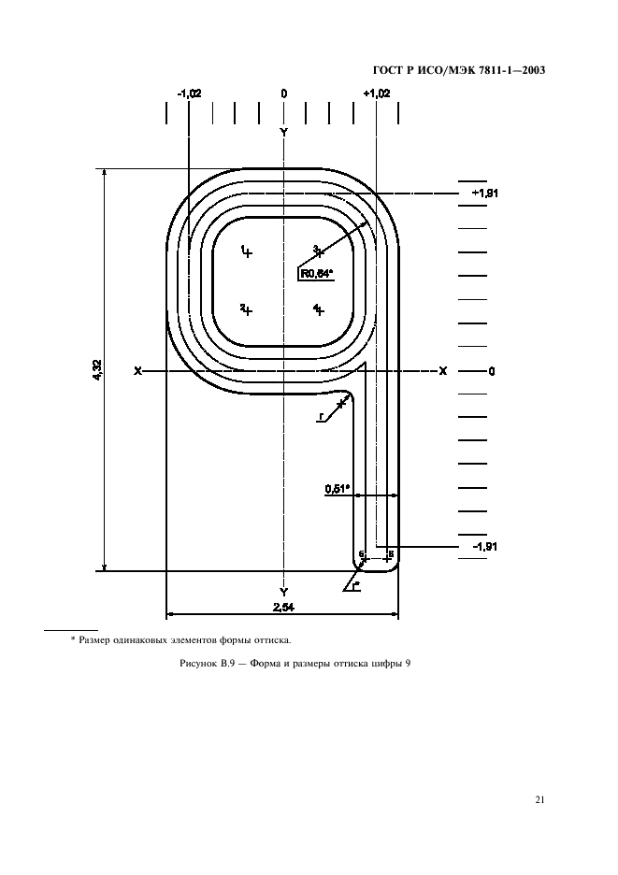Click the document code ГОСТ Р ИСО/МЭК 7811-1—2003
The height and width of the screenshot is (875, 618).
458,70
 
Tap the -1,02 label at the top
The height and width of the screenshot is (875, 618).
189,93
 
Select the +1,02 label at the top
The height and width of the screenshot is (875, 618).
377,93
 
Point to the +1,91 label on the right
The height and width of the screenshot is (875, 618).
484,194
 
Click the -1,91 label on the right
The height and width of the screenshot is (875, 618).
484,546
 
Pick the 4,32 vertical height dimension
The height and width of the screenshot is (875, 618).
97,370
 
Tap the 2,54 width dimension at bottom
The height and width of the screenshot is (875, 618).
283,608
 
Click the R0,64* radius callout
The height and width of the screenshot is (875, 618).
317,273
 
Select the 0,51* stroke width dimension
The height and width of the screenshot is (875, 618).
337,490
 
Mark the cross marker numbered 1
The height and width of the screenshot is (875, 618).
248,252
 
